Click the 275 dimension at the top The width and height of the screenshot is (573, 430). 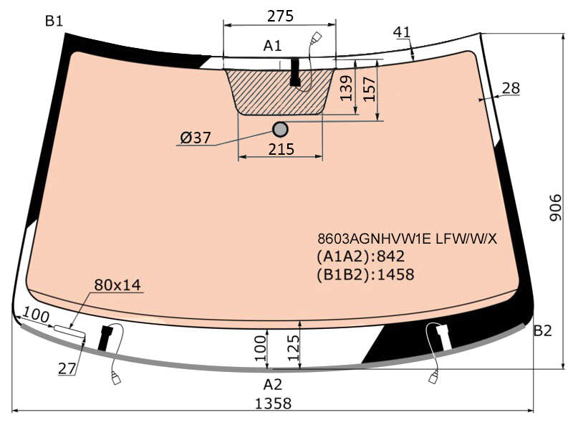[280, 16]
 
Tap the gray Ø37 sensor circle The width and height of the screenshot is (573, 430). [280, 129]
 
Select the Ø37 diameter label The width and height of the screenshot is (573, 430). [196, 138]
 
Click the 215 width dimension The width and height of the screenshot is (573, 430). [281, 149]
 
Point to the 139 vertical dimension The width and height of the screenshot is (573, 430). [346, 88]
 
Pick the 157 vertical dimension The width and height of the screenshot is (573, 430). [370, 89]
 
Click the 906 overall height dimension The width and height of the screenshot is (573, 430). [556, 207]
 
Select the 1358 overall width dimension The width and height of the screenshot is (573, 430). [273, 403]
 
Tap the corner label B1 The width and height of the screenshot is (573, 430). [54, 21]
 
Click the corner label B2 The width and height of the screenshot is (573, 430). [543, 331]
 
